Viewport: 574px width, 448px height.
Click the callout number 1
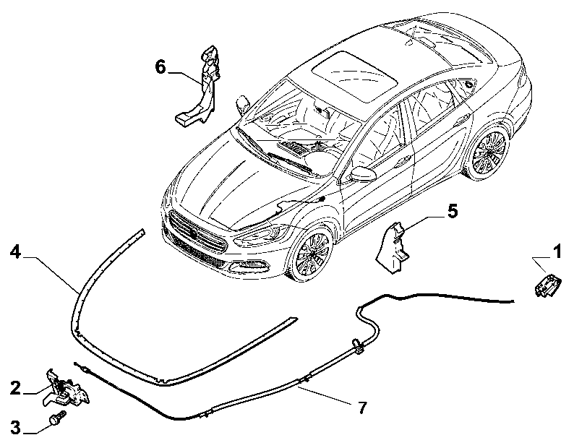click(557, 251)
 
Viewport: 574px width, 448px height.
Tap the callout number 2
click(15, 388)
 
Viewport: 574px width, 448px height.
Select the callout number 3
click(15, 427)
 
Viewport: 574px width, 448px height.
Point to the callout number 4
click(15, 251)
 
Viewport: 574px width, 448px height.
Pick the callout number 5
click(453, 211)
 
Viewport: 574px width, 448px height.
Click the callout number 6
click(160, 67)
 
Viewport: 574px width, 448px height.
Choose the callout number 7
click(362, 408)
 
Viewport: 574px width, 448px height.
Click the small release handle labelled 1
click(547, 285)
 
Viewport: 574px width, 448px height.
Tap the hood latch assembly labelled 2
click(66, 388)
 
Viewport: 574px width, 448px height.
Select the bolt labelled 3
click(58, 417)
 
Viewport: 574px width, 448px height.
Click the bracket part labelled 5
click(393, 247)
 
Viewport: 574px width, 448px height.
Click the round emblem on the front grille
click(194, 233)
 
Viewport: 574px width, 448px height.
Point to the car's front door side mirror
click(363, 174)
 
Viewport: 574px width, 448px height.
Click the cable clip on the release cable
click(357, 345)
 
